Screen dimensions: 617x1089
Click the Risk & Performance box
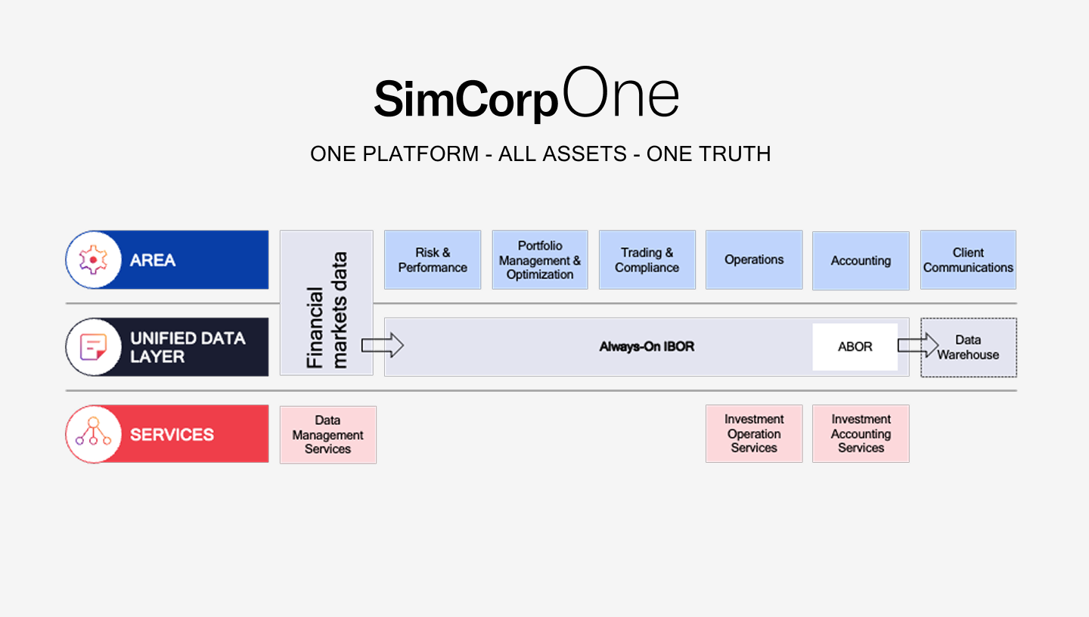[x=433, y=260]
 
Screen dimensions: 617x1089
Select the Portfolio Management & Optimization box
[x=540, y=260]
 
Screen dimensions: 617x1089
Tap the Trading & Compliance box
[x=647, y=260]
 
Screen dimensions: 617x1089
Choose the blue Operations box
[x=754, y=260]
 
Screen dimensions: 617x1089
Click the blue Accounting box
[x=861, y=261]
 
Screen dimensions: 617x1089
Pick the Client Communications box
[x=968, y=260]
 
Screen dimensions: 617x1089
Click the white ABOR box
[x=855, y=347]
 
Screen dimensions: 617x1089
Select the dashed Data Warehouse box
[x=969, y=348]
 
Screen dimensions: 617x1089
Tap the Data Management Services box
[x=327, y=435]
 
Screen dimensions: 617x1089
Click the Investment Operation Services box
[x=754, y=434]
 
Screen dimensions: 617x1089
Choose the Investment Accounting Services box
[x=861, y=434]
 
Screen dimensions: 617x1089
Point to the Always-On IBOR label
[x=647, y=347]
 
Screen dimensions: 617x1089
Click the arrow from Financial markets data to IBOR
[x=382, y=346]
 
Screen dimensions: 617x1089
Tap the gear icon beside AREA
[x=93, y=260]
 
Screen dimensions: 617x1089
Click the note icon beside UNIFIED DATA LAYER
[x=93, y=347]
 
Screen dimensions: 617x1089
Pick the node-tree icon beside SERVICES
[x=93, y=434]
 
